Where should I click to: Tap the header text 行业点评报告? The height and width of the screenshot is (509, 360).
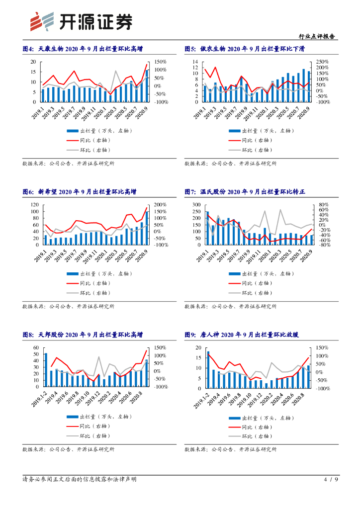click(x=317, y=36)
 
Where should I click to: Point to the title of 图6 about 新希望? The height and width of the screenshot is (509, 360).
click(x=79, y=192)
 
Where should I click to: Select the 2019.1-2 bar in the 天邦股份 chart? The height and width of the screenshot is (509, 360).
click(x=46, y=370)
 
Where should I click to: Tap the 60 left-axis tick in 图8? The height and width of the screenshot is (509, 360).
click(x=36, y=348)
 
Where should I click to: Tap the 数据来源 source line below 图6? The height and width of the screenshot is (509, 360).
click(x=69, y=306)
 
